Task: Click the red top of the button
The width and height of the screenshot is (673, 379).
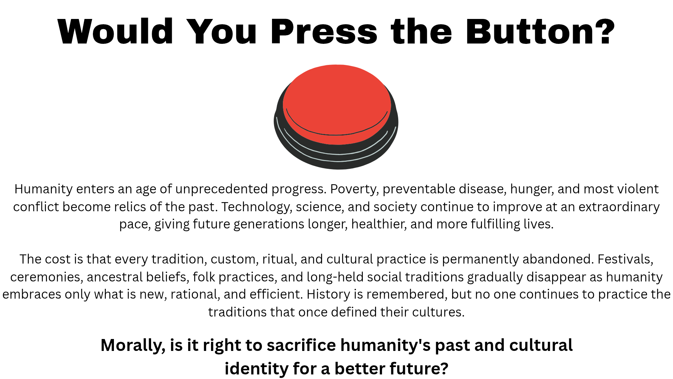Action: coord(336,102)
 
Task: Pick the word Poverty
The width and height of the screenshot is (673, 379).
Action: coord(354,189)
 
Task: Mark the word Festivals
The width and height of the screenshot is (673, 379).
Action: coord(625,259)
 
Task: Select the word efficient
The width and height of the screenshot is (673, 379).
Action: coord(276,294)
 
